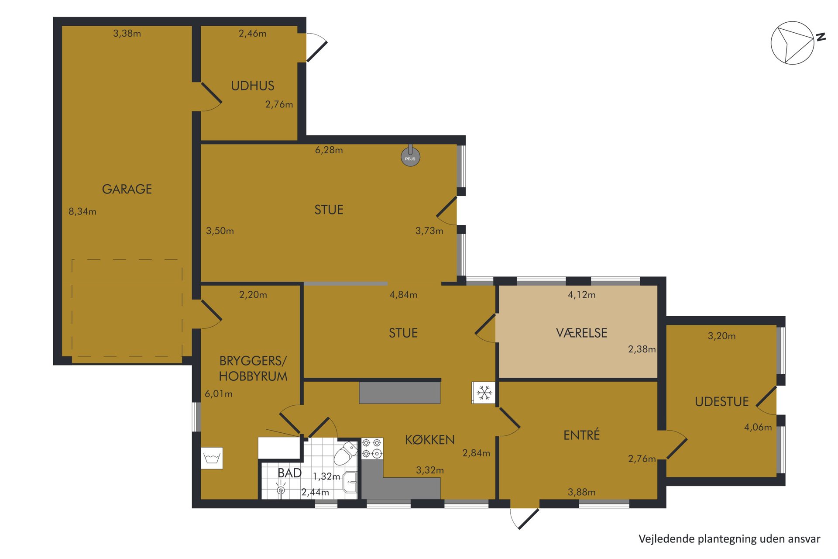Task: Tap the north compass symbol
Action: click(793, 43)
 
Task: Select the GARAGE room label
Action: click(127, 189)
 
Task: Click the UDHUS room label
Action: click(253, 86)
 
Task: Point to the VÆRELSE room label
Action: click(581, 333)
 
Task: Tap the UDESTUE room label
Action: click(721, 402)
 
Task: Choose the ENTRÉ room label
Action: click(581, 435)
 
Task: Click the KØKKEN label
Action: click(430, 439)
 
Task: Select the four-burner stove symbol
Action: click(372, 449)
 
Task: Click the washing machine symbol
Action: click(212, 458)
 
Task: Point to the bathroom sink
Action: click(350, 483)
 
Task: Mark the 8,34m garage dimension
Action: click(82, 212)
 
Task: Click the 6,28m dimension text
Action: click(329, 150)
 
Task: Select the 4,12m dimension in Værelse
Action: click(581, 295)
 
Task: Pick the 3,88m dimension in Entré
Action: click(581, 492)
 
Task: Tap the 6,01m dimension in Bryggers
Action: click(219, 394)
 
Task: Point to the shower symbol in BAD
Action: click(281, 488)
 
